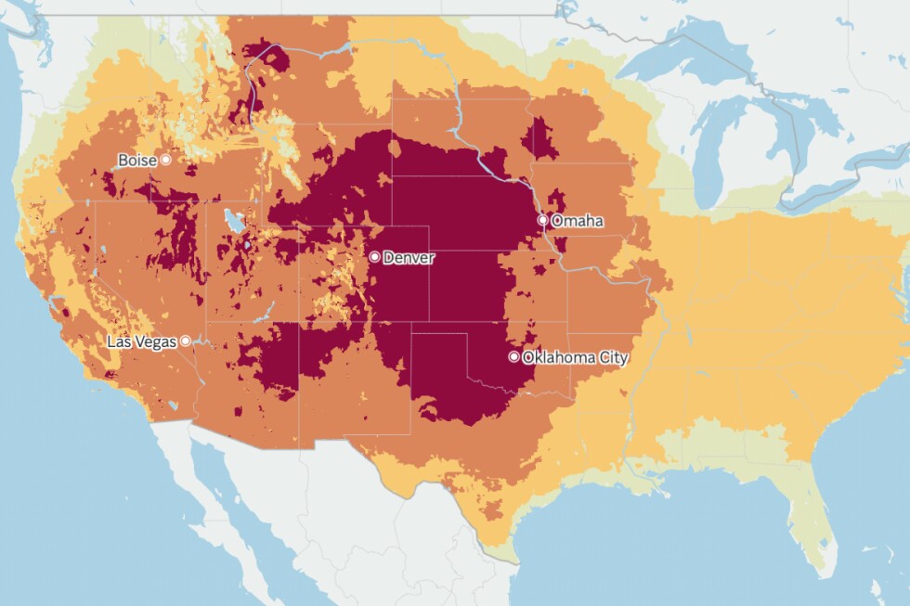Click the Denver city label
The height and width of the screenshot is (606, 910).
pyautogui.click(x=409, y=257)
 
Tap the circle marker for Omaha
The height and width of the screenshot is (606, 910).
pyautogui.click(x=543, y=221)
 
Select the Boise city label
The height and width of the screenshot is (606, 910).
pyautogui.click(x=136, y=161)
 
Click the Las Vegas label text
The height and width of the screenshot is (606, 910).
pyautogui.click(x=141, y=342)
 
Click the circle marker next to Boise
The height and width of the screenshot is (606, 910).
pyautogui.click(x=166, y=160)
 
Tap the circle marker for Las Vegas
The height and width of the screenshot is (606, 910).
pyautogui.click(x=186, y=341)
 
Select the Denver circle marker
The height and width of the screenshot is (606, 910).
pyautogui.click(x=373, y=256)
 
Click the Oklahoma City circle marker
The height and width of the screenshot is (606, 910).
pyautogui.click(x=513, y=356)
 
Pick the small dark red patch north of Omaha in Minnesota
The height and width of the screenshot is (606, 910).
pyautogui.click(x=539, y=139)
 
